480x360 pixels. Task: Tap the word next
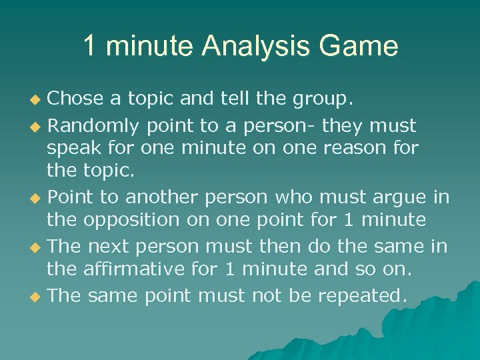tap(112, 247)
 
